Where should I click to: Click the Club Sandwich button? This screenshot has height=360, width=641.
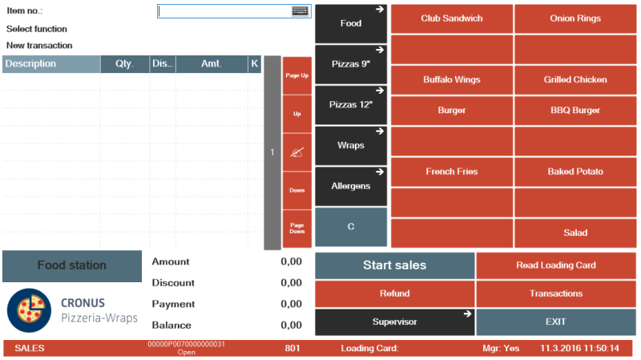[x=452, y=18]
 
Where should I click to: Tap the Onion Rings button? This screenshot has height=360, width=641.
[x=575, y=18]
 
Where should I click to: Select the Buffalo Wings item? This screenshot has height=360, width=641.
[x=452, y=79]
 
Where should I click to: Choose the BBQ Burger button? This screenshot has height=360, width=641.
[x=575, y=111]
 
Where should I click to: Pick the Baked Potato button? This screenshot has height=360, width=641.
[x=575, y=172]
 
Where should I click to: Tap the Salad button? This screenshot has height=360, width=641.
[x=575, y=233]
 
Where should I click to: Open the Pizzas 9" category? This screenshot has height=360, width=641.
[x=351, y=64]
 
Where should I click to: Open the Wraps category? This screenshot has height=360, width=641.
[x=351, y=146]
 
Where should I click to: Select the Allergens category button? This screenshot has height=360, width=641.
[x=351, y=186]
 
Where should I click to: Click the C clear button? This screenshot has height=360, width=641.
[x=351, y=227]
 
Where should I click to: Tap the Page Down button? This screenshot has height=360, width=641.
[x=297, y=229]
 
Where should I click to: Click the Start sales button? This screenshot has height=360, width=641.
[x=394, y=265]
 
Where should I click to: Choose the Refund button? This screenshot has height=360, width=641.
[x=394, y=293]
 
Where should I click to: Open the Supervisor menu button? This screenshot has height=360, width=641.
[x=394, y=322]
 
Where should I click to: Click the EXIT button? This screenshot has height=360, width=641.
[x=556, y=322]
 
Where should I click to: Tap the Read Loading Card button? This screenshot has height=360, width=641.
[x=556, y=265]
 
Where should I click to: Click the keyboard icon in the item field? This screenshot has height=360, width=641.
[x=300, y=11]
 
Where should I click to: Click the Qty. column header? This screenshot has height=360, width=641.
[x=124, y=64]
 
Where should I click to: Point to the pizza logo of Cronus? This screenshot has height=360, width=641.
[x=29, y=310]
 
